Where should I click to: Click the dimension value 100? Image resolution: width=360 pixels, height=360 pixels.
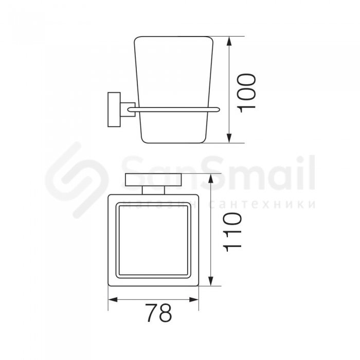pos(247,93)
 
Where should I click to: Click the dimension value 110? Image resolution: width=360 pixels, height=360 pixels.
pos(232,232)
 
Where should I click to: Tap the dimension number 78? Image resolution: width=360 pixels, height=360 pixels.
pos(158,313)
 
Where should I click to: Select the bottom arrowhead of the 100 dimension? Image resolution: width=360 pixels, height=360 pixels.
pos(229,137)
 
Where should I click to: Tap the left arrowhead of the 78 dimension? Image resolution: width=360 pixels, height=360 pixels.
pos(113,300)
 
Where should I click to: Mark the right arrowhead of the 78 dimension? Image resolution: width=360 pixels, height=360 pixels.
pos(193,300)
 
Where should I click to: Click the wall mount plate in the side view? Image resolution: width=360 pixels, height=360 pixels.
pos(114,110)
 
